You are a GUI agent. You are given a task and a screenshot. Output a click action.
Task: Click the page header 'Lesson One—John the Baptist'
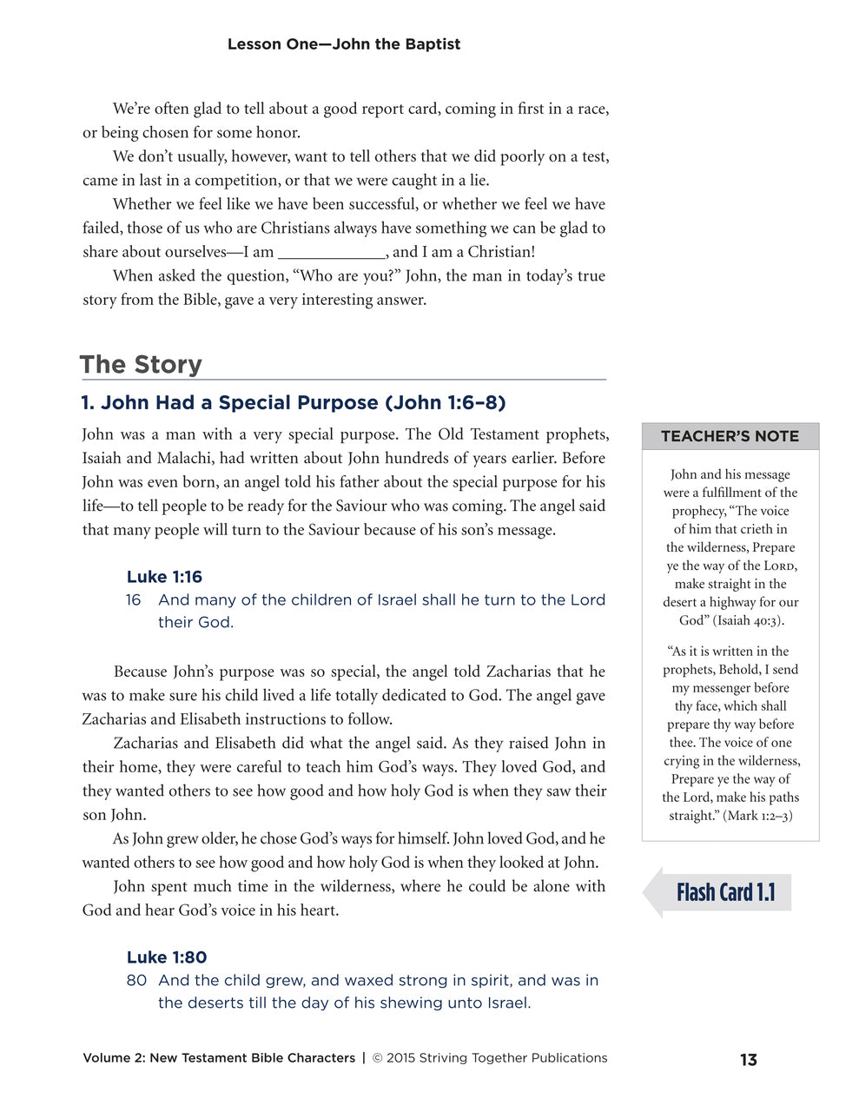tap(343, 44)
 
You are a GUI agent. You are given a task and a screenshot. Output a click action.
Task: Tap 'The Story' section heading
tap(141, 364)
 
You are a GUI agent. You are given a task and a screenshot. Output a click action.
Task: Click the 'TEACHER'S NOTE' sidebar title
tap(730, 436)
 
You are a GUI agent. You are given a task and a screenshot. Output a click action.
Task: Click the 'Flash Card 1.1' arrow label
tap(724, 893)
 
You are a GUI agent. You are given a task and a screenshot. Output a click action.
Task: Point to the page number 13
tap(748, 1060)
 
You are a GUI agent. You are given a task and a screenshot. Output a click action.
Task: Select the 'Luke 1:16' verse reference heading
tap(164, 577)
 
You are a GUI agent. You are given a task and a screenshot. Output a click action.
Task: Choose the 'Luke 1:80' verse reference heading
tap(167, 957)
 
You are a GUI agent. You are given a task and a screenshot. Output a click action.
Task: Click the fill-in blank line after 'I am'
tap(332, 253)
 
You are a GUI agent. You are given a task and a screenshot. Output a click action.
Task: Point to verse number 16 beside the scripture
tap(133, 600)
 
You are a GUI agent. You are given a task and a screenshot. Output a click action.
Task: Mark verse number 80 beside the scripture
tap(136, 981)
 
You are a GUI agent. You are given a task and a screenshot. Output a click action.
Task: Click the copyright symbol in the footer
tap(377, 1058)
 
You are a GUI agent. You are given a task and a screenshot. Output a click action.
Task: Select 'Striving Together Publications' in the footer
tap(512, 1058)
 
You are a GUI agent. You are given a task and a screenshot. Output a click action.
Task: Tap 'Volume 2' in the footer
tap(112, 1058)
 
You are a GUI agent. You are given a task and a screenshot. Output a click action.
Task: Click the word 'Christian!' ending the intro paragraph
tap(501, 252)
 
